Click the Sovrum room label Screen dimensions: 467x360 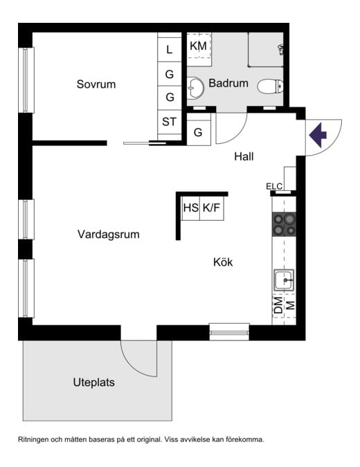tap(96, 84)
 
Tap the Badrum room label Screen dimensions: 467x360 tap(228, 83)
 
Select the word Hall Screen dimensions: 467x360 tap(244, 156)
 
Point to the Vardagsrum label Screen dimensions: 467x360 tap(108, 235)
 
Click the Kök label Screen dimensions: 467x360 tap(223, 262)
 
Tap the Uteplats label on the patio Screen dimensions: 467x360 tap(93, 382)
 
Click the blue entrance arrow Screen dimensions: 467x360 tap(318, 134)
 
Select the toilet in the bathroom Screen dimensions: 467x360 tap(270, 86)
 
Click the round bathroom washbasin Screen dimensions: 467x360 tap(195, 87)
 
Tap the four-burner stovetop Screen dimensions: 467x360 tap(285, 224)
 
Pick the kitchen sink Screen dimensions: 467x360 tap(285, 281)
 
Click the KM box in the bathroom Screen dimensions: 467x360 tap(198, 46)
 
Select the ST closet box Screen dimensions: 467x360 tap(170, 122)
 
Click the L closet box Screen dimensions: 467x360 tap(170, 49)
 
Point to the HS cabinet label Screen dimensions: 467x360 tap(190, 207)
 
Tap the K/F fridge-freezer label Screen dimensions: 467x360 tap(213, 207)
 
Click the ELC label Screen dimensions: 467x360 tap(274, 185)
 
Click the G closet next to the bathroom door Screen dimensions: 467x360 tap(198, 133)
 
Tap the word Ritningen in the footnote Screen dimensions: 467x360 tap(36, 439)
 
